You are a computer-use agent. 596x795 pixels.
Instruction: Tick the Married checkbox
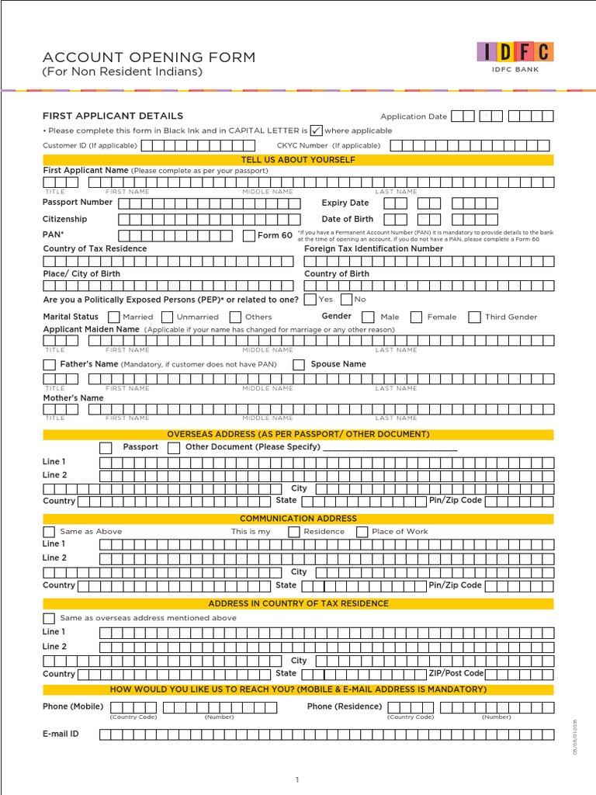point(114,317)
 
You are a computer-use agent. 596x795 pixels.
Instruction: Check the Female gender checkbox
point(417,317)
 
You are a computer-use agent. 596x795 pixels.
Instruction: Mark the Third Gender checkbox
point(474,317)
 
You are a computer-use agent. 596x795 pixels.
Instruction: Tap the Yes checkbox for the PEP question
point(310,299)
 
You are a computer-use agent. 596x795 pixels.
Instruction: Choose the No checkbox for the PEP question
point(346,299)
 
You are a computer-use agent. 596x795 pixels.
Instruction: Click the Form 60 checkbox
point(249,235)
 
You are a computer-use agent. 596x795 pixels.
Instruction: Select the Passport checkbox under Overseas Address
point(106,447)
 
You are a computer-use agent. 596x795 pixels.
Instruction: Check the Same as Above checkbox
point(50,532)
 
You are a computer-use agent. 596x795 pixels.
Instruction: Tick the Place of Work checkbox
point(362,532)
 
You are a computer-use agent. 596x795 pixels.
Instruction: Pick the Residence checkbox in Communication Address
point(294,532)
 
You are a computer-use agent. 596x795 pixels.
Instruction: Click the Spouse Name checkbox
point(299,364)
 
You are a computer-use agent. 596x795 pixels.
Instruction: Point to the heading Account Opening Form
point(148,58)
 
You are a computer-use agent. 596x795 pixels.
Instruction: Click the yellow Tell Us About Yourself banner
point(298,160)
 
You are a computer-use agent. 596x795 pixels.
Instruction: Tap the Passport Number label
point(78,202)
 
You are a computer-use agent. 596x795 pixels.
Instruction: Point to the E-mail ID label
point(61,733)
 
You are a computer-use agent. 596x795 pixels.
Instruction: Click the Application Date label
point(414,116)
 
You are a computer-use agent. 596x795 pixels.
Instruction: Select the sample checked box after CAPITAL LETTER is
point(316,130)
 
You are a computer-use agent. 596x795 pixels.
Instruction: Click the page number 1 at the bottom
point(296,779)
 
